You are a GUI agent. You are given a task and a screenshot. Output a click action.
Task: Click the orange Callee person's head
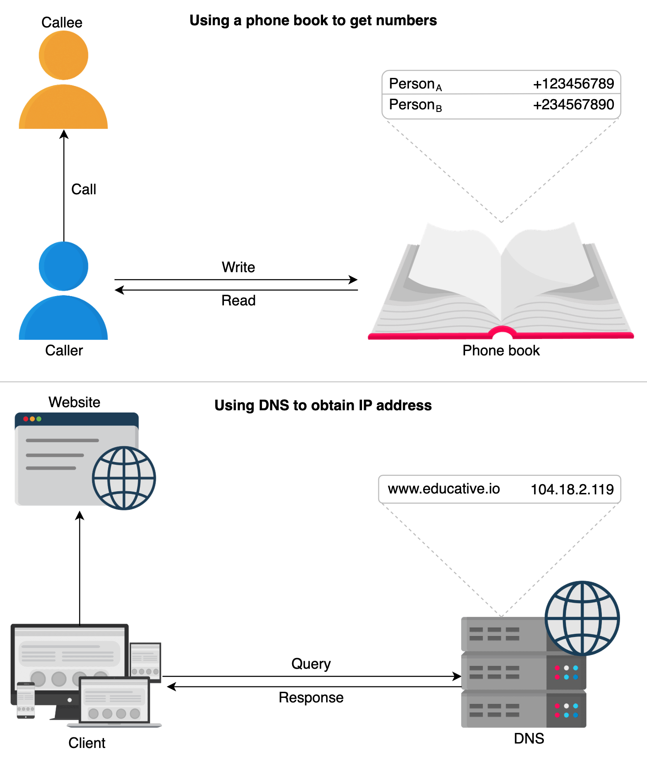(63, 55)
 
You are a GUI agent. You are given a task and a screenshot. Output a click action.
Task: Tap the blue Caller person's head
(63, 266)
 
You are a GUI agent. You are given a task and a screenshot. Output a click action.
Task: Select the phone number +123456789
(573, 84)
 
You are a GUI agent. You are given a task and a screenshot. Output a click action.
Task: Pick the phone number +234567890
(573, 104)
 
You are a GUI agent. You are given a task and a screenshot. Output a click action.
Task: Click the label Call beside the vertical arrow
(84, 189)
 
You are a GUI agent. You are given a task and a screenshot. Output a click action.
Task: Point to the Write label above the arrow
(238, 267)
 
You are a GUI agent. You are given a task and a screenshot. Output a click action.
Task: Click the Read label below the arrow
(238, 301)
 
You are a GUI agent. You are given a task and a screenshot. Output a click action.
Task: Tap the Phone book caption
(501, 351)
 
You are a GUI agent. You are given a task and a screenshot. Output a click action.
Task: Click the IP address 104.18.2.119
(572, 489)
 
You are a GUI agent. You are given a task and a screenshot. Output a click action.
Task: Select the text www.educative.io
(443, 489)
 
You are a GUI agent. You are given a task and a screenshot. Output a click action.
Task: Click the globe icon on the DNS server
(582, 618)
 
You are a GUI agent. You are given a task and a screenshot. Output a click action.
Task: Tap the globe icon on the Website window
(124, 478)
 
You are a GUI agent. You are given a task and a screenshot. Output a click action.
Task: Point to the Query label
(311, 664)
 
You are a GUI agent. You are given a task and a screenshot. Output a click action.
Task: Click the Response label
(311, 697)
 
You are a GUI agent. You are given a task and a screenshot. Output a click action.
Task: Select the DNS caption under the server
(529, 738)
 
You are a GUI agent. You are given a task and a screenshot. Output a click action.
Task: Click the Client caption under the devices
(87, 743)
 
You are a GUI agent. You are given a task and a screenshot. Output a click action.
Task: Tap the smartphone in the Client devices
(26, 700)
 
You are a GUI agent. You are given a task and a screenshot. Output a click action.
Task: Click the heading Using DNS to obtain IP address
(323, 405)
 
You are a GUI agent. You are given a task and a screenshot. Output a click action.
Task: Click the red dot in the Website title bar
(26, 419)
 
